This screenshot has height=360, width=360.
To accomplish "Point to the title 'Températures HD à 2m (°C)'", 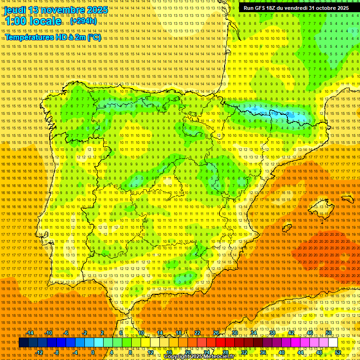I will point(52,37).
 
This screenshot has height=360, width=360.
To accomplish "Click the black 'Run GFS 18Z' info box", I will point(296,8).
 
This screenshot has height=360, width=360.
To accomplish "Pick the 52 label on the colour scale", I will point(337,352).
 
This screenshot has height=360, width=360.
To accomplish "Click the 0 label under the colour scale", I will point(93,352).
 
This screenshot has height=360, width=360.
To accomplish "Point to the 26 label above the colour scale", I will point(216,333).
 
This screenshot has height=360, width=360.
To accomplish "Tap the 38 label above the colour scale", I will point(272,333).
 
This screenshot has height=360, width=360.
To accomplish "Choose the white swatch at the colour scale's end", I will point(333,343).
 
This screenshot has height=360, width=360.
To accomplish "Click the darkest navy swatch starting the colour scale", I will point(23,343).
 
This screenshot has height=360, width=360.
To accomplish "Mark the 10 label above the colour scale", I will point(141,333).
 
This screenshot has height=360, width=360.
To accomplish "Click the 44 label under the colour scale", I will point(300,352).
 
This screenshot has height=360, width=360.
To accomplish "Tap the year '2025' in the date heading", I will point(97,10).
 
